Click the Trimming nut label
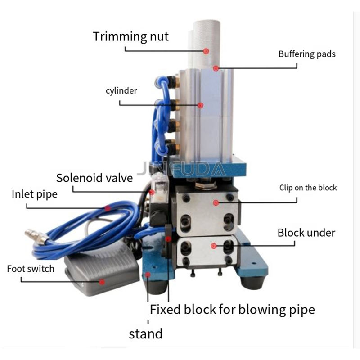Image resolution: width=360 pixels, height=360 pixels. coord(131,36)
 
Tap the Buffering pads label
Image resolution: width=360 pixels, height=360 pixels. coord(307,54)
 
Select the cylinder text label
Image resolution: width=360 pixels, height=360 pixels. coord(121,91)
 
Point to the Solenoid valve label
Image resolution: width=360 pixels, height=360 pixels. coord(94,178)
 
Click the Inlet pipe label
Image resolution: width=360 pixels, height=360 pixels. coord(35,194)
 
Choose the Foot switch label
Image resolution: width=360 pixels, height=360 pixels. coord(31,269)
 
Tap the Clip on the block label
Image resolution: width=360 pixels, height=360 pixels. coord(308,188)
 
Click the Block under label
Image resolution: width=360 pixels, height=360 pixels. coord(306,233)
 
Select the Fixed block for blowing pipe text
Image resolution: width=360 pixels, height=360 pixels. coord(232,310)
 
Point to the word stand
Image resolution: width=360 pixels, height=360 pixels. coord(145,334)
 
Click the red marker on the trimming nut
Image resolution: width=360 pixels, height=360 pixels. coord(206,51)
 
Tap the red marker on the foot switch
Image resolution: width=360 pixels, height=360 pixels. coord(102,282)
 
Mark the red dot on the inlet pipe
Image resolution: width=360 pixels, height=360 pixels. coord(108,208)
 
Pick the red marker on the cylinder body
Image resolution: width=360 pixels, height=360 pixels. coord(201,105)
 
